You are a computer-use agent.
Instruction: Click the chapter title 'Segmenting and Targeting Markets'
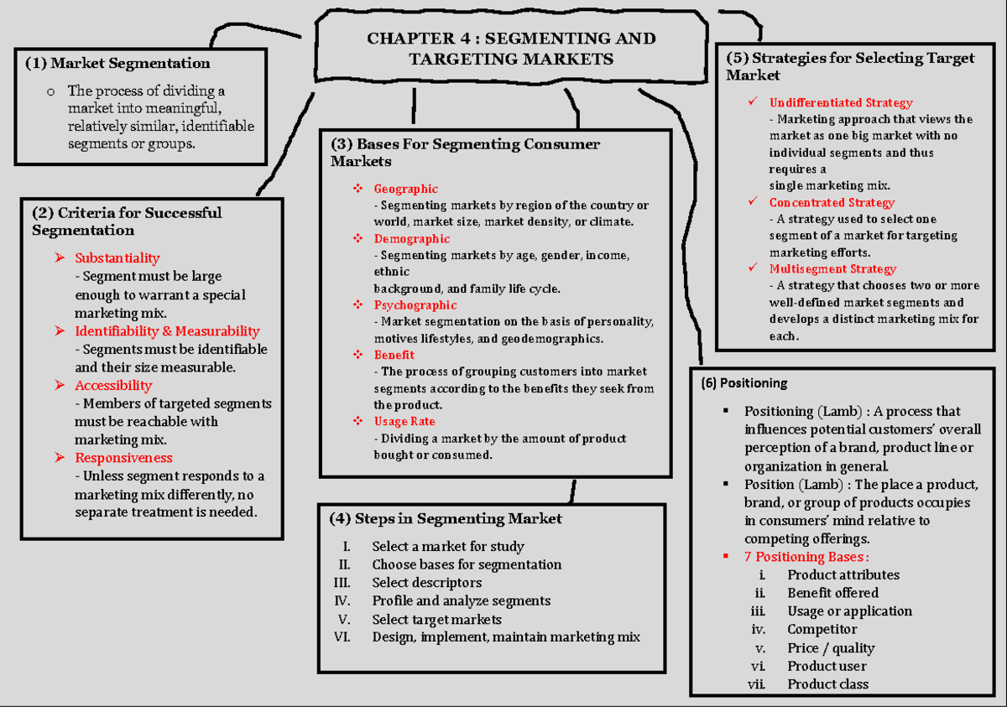(511, 49)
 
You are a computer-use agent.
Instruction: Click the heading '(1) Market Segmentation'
(117, 63)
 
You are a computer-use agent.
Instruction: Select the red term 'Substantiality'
(117, 258)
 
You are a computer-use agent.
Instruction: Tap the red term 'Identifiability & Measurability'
(167, 331)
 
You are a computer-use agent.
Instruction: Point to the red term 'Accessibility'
(113, 386)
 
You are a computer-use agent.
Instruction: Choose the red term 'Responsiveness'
(123, 458)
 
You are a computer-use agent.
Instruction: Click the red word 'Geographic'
(405, 189)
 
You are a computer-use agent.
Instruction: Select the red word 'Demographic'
(411, 239)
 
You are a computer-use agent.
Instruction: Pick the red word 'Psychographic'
(415, 305)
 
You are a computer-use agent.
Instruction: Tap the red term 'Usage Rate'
(404, 422)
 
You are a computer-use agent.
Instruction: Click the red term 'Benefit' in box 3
(394, 355)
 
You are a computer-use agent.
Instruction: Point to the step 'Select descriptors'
(426, 583)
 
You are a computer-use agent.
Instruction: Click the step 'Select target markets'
(436, 620)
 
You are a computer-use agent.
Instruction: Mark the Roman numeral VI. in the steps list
(342, 637)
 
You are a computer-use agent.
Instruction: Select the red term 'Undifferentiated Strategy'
(840, 103)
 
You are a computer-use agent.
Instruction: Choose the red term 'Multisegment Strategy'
(832, 269)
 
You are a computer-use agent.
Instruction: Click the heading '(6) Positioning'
(744, 383)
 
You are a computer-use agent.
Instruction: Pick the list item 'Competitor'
(822, 630)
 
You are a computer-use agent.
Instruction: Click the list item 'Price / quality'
(830, 648)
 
